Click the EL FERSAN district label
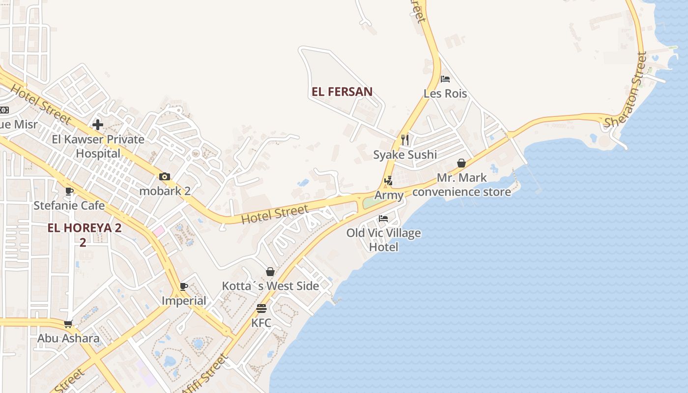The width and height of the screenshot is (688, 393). pos(342,91)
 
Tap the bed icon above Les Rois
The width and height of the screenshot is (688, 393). pos(445,79)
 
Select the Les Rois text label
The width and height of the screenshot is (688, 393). pos(445,93)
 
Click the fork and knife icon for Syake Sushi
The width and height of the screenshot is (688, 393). pos(405,140)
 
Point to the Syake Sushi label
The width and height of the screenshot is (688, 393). pos(405,155)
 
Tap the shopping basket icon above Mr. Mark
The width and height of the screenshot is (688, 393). pos(461,163)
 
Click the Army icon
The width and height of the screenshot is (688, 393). pos(388,181)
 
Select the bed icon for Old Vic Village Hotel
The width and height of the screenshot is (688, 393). pos(383,219)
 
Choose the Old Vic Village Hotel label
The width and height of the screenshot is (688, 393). pos(384,240)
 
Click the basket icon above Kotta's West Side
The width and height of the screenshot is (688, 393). pos(270,272)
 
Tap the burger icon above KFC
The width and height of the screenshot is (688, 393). pos(261,309)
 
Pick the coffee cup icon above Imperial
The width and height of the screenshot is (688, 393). pos(184,286)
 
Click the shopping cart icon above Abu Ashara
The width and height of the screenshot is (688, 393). pos(68,324)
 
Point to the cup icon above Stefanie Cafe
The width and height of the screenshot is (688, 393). pos(69,191)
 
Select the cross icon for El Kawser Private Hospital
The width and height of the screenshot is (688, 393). pos(98,125)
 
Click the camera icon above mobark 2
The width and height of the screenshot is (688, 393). pos(165,177)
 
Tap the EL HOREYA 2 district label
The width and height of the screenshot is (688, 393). pos(85,228)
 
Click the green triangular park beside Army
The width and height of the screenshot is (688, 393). pos(372,202)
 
